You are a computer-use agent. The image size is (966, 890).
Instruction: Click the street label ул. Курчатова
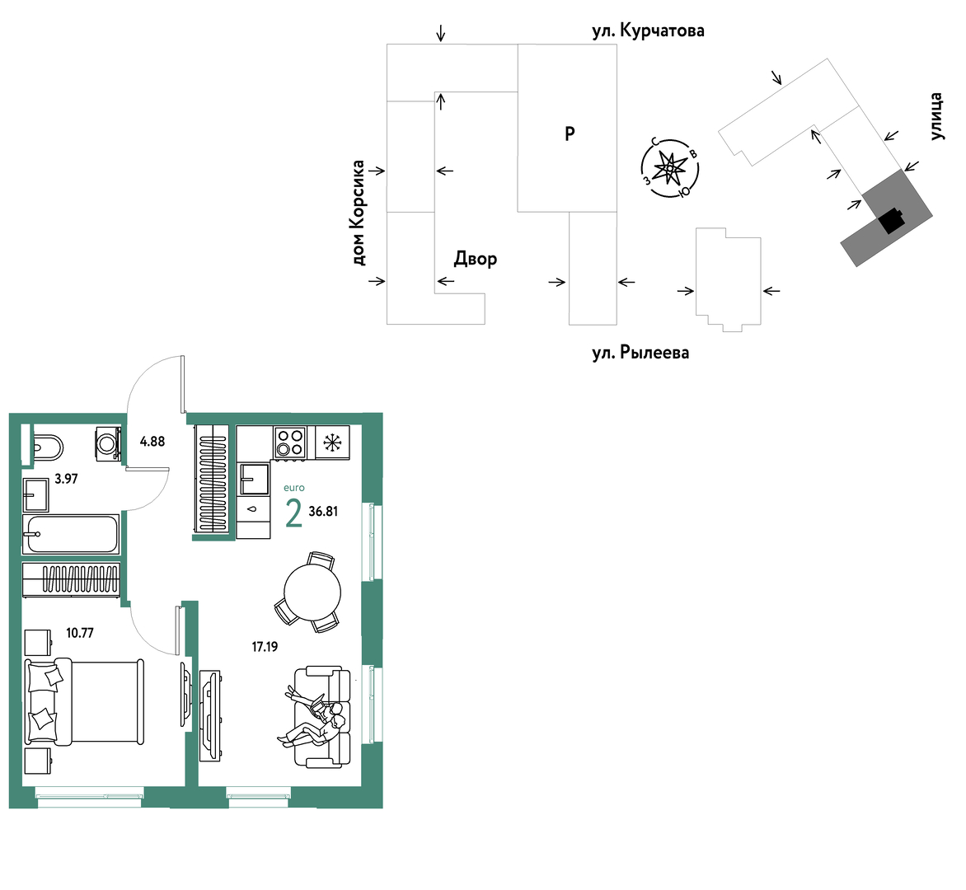(x=648, y=30)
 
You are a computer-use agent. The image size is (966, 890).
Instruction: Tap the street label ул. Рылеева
(x=640, y=353)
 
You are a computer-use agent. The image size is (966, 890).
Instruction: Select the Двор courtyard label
(x=476, y=259)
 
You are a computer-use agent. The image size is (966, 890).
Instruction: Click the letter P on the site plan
(x=570, y=133)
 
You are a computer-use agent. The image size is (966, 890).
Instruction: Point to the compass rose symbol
(x=669, y=167)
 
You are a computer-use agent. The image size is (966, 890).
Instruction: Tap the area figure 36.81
(x=323, y=511)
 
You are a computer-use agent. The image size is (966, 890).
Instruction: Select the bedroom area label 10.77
(x=80, y=633)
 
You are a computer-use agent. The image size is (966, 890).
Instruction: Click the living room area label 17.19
(x=265, y=647)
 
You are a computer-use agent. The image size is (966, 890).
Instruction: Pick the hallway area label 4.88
(x=152, y=442)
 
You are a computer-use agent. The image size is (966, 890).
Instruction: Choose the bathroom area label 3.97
(x=66, y=479)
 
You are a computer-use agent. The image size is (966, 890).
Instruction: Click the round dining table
(x=312, y=592)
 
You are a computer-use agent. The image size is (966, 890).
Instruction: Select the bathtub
(x=71, y=534)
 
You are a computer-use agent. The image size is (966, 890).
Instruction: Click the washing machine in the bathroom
(x=109, y=443)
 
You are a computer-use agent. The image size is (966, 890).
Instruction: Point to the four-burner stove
(x=289, y=443)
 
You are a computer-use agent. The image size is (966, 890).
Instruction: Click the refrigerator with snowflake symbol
(x=332, y=443)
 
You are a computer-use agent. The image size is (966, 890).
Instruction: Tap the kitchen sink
(x=254, y=479)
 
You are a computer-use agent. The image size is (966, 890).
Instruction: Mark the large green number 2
(x=294, y=513)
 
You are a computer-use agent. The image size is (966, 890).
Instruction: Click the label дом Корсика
(x=359, y=213)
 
